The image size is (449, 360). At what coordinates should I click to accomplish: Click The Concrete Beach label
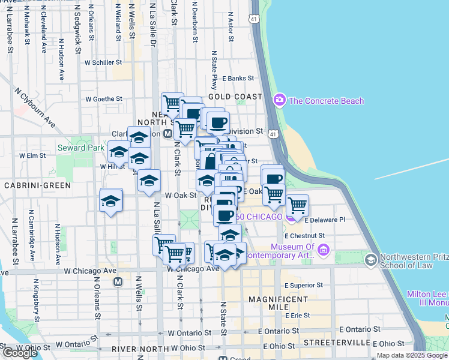point(326,100)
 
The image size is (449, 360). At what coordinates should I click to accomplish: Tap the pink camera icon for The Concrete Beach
point(279,100)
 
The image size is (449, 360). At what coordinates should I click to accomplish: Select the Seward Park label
point(77,147)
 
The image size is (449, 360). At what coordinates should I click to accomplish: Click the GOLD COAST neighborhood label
point(235,97)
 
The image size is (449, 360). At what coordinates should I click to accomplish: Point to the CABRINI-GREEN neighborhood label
point(37,185)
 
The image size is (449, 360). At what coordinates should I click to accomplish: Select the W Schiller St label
point(103,62)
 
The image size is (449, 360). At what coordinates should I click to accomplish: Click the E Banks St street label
point(238,78)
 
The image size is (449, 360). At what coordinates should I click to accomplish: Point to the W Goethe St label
point(104,99)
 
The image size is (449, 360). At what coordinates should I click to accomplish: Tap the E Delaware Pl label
point(325,220)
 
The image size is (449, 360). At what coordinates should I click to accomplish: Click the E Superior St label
point(304,285)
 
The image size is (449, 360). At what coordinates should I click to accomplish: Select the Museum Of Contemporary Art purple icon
point(324,249)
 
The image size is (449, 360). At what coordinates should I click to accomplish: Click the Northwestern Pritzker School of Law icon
point(371,259)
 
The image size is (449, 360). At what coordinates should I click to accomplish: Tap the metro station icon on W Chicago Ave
point(118,281)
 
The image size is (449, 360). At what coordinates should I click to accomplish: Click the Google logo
point(20,353)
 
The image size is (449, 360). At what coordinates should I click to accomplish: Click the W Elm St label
point(32,155)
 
